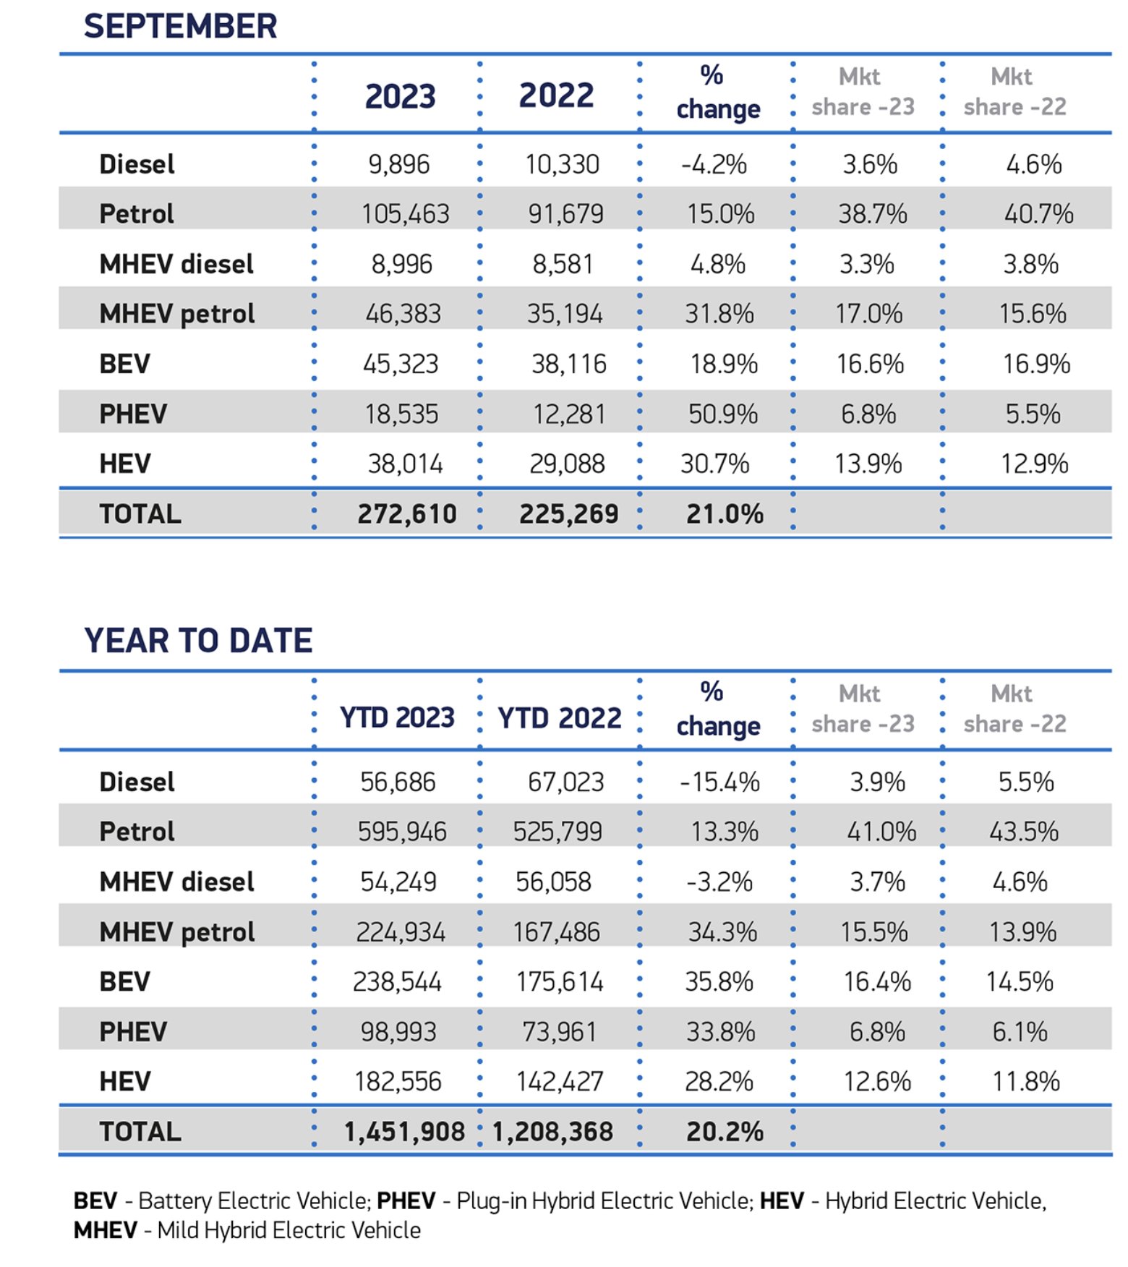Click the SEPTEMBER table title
180,26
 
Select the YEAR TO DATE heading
198,640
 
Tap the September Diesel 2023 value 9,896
399,164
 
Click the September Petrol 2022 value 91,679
565,214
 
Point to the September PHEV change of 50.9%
723,414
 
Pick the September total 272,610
407,514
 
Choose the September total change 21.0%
725,514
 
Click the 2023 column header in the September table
400,96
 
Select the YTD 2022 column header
560,718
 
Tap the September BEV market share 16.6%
870,364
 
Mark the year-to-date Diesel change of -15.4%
719,782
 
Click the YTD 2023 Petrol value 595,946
402,832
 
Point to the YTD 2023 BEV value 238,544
397,981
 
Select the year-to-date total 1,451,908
404,1132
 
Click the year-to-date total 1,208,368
552,1132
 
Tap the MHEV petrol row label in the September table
177,314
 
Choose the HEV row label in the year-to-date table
125,1081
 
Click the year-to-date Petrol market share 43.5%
1024,832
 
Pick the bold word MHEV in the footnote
106,1230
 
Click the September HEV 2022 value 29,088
567,464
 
